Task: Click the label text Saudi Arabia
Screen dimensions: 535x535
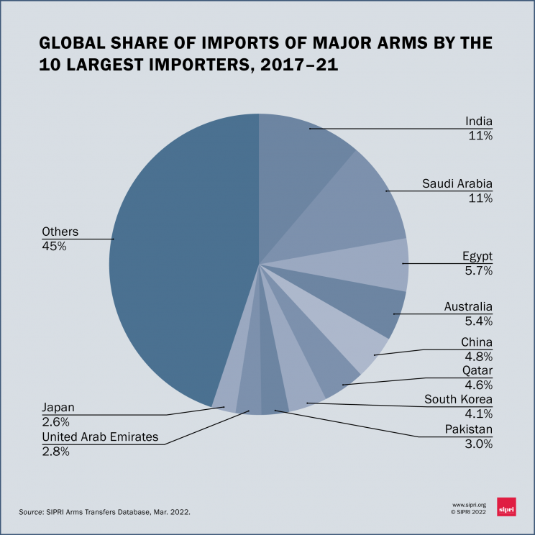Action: coord(457,184)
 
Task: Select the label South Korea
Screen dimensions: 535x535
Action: coord(458,400)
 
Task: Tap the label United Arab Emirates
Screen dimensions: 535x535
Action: coord(100,437)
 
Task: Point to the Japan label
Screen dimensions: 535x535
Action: coord(58,408)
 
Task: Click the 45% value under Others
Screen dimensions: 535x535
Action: coord(54,246)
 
